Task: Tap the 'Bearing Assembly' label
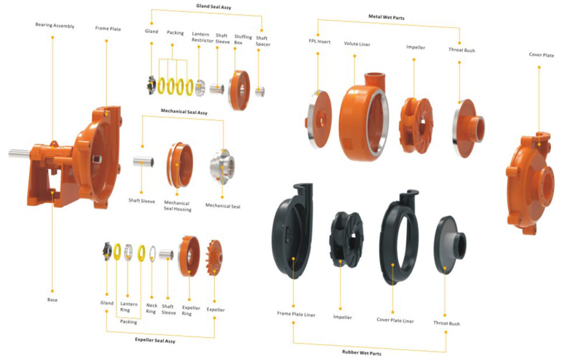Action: (55, 26)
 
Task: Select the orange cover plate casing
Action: (530, 179)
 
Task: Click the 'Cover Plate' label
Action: (541, 55)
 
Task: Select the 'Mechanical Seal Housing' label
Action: (177, 206)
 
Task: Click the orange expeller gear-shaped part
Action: (214, 257)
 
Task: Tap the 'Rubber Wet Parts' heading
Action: (362, 353)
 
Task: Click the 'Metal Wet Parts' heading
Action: (387, 18)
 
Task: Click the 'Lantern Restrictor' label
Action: (201, 37)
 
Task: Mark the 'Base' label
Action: (52, 300)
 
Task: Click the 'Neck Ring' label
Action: (151, 309)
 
